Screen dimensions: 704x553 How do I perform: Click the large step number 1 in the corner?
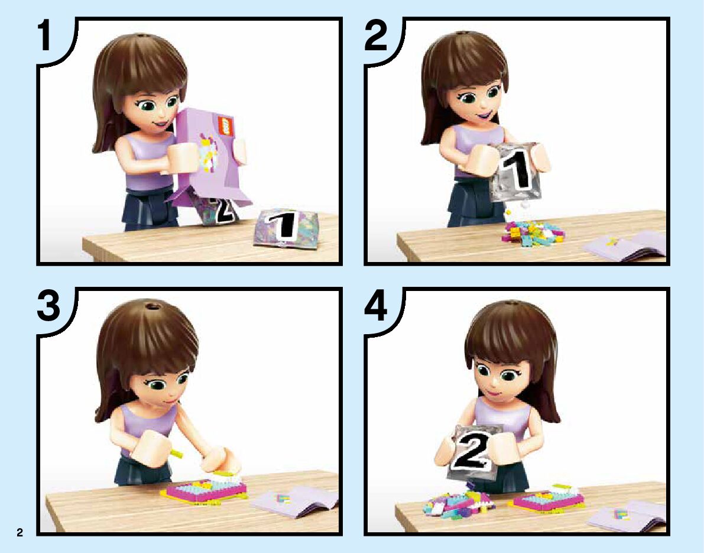point(45,36)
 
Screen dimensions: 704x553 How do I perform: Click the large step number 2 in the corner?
point(375,36)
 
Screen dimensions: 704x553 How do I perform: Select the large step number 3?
point(48,306)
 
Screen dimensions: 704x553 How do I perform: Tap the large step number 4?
point(376,306)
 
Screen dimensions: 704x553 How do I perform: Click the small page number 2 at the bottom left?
point(20,533)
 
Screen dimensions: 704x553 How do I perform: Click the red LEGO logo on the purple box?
point(225,126)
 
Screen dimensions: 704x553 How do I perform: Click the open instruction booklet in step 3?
point(294,502)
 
